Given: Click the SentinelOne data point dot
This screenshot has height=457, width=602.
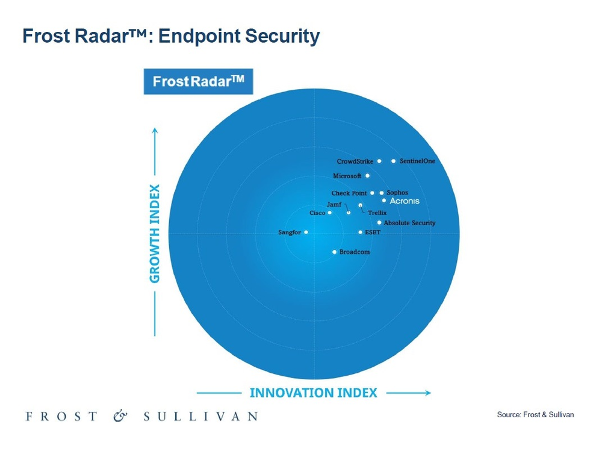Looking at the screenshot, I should click(x=394, y=161).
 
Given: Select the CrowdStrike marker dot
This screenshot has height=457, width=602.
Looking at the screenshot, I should click(x=379, y=161).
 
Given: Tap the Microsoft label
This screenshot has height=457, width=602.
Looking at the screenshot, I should click(x=347, y=176).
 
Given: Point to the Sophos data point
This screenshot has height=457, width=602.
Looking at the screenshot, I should click(x=382, y=193).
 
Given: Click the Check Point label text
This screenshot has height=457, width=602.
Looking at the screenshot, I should click(x=349, y=193).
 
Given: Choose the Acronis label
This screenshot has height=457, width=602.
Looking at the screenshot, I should click(x=405, y=201).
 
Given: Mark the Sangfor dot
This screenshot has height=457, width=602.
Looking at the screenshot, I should click(x=306, y=232).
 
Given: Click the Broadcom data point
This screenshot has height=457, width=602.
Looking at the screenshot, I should click(x=335, y=252).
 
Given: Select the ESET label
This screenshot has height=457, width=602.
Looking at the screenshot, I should click(x=373, y=232).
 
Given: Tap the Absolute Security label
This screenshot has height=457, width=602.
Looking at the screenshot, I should click(x=409, y=223).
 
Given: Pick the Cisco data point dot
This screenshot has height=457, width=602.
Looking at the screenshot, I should click(x=329, y=213).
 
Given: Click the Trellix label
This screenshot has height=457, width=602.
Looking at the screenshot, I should click(x=377, y=213).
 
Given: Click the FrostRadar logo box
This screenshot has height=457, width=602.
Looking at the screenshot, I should click(x=199, y=81).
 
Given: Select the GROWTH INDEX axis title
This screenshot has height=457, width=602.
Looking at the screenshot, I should click(x=155, y=234).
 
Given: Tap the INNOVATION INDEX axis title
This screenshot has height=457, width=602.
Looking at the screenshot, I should click(x=314, y=393).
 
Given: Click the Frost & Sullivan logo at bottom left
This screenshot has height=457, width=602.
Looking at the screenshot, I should click(x=141, y=416).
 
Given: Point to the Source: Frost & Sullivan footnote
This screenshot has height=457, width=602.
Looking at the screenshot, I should click(x=535, y=415).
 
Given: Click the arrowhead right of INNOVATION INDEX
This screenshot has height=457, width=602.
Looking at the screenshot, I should click(x=427, y=393).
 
